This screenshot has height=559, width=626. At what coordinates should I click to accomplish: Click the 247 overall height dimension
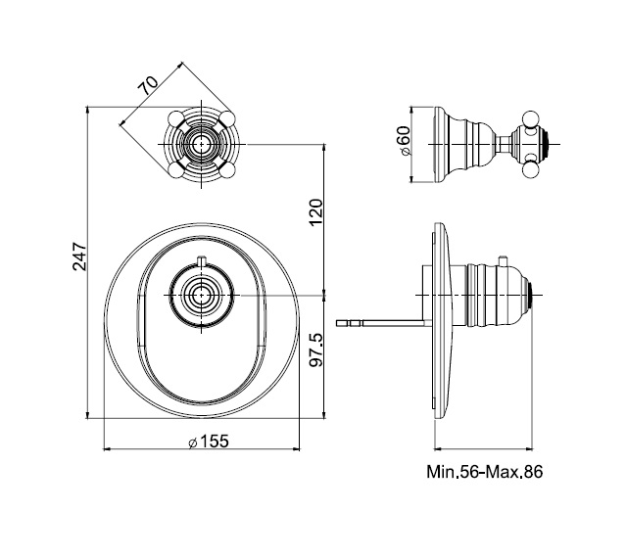[x=79, y=256]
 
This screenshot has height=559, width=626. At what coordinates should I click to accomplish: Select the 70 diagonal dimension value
[x=148, y=85]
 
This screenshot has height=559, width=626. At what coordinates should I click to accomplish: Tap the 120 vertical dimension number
[x=315, y=211]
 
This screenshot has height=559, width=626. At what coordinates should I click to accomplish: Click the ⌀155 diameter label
[x=209, y=442]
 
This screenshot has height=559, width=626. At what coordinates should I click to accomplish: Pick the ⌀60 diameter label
[x=404, y=140]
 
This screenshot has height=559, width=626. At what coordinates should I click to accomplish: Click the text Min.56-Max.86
[x=485, y=472]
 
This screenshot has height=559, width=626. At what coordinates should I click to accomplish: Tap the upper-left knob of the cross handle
[x=175, y=118]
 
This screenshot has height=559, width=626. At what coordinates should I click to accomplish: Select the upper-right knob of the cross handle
[x=227, y=118]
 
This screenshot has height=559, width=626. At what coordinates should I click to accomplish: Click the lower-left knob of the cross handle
[x=175, y=170]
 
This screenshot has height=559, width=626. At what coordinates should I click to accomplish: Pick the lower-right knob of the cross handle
[x=227, y=170]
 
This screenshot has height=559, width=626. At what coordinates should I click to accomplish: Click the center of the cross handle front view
[x=202, y=144]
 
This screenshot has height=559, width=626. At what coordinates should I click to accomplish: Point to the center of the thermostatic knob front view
[x=202, y=296]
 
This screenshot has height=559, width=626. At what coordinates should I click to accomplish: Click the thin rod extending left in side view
[x=380, y=323]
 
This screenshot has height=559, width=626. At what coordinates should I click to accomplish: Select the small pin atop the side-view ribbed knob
[x=503, y=260]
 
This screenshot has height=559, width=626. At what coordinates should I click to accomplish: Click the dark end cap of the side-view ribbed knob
[x=530, y=296]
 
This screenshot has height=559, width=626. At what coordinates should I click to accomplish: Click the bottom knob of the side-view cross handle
[x=531, y=168]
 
